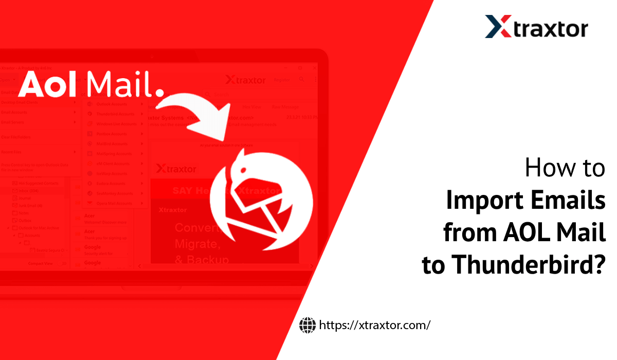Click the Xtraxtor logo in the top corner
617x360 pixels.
click(x=536, y=27)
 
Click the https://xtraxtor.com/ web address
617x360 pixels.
click(x=374, y=325)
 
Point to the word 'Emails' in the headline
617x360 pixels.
click(x=569, y=200)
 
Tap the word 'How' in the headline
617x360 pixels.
click(x=545, y=168)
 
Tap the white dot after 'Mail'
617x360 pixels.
click(x=159, y=93)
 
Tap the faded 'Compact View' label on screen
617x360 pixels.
click(x=41, y=264)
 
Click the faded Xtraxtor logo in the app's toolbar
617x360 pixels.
click(x=245, y=80)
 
